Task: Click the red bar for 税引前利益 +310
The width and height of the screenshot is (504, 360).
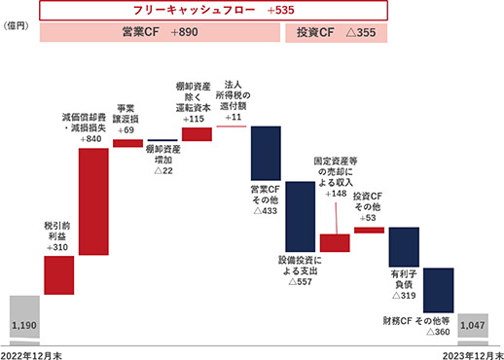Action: click(59, 275)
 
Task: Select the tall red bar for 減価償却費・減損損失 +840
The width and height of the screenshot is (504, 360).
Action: click(93, 201)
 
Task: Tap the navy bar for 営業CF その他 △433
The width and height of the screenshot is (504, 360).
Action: click(266, 153)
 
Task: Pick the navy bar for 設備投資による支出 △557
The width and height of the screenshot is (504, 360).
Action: click(301, 217)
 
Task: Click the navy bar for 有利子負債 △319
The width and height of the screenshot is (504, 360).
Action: click(404, 247)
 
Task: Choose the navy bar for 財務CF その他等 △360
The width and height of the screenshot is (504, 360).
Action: click(439, 290)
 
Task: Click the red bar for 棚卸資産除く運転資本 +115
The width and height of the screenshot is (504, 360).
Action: click(197, 134)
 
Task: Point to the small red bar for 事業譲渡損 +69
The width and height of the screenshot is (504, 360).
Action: click(128, 143)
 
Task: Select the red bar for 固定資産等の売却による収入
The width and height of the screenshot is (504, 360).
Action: click(335, 243)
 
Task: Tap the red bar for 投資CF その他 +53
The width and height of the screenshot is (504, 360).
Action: click(370, 231)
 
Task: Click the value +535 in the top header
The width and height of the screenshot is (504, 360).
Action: click(281, 10)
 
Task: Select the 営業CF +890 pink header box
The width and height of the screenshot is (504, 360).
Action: click(160, 32)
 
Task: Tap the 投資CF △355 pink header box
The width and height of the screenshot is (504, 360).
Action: click(337, 33)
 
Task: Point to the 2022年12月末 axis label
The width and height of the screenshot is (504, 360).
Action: click(31, 355)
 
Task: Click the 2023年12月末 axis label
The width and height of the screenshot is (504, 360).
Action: click(473, 355)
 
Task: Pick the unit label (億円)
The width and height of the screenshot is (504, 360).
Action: click(16, 26)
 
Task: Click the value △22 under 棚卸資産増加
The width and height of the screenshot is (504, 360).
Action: click(163, 170)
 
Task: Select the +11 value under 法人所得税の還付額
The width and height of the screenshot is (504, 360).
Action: click(234, 117)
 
